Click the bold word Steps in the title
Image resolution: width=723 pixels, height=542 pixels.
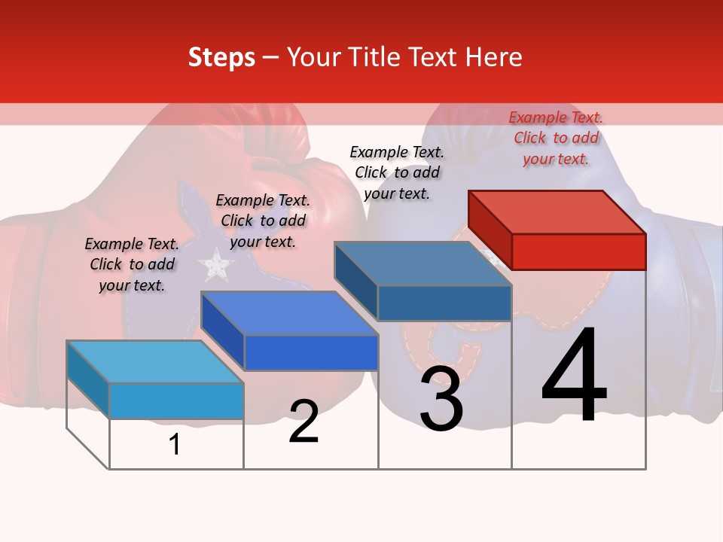(221, 57)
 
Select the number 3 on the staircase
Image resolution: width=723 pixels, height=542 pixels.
(441, 399)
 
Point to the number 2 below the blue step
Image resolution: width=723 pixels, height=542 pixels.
(304, 422)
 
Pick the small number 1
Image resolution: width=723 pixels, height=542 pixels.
(175, 444)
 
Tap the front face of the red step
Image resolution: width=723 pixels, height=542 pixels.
(578, 251)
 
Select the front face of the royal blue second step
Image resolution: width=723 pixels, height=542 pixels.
(311, 352)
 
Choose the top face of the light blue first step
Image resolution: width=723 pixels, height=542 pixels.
(155, 362)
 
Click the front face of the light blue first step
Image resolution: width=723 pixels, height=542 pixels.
(176, 400)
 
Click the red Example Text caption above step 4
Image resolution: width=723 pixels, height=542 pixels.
(556, 139)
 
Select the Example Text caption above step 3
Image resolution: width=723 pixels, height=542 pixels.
(397, 173)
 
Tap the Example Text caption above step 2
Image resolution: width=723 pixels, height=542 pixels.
(263, 221)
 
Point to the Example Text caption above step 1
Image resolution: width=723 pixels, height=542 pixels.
(132, 264)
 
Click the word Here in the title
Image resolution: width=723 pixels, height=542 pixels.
(495, 57)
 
